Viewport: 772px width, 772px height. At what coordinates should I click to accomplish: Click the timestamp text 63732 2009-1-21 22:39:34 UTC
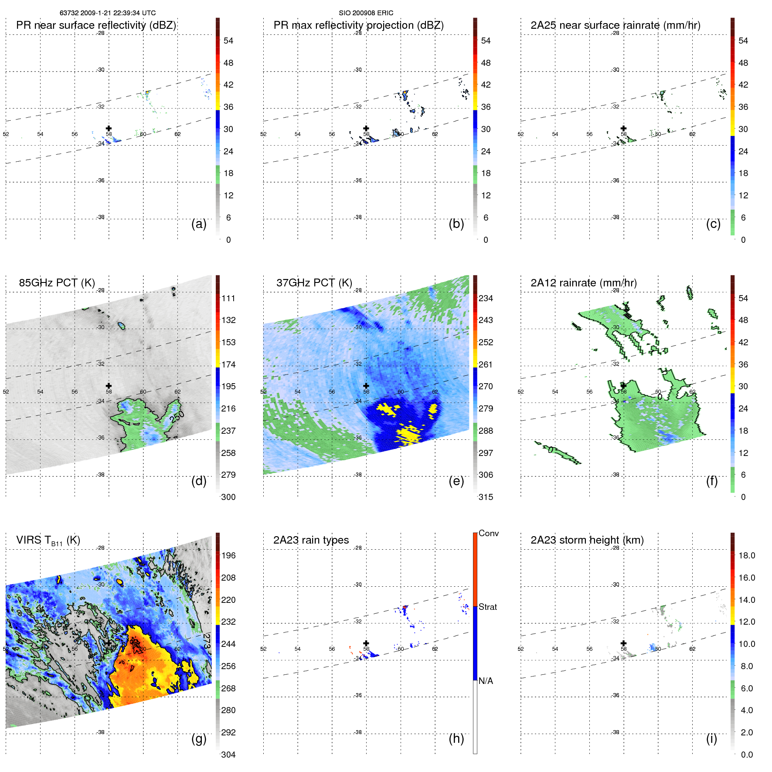click(107, 13)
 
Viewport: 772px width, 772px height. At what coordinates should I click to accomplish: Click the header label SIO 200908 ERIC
click(366, 13)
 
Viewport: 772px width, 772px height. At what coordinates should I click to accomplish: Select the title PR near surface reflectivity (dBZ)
click(96, 25)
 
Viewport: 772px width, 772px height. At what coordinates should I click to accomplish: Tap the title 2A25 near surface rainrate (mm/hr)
click(615, 25)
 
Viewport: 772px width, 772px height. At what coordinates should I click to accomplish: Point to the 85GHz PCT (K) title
click(57, 282)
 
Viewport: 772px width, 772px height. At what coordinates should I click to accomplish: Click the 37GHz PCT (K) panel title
click(314, 282)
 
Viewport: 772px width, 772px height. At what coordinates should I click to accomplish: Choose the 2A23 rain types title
click(311, 540)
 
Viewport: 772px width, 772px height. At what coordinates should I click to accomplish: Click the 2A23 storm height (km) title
click(587, 540)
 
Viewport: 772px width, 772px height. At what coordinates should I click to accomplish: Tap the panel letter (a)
click(199, 224)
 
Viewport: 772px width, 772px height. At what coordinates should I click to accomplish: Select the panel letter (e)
click(456, 481)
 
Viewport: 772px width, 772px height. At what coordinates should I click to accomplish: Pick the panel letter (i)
click(711, 738)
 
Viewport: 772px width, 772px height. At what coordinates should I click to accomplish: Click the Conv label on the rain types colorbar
click(488, 533)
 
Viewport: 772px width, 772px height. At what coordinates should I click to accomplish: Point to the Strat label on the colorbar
click(487, 607)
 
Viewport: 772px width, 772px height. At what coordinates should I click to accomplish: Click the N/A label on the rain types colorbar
click(486, 681)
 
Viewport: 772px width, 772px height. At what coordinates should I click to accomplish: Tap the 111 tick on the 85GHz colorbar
click(228, 298)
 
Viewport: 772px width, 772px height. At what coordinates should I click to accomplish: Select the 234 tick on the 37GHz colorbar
click(486, 298)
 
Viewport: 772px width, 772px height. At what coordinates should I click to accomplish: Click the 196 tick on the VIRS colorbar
click(228, 555)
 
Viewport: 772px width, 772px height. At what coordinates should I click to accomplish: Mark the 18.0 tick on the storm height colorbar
click(746, 555)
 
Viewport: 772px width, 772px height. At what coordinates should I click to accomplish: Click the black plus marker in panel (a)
click(109, 128)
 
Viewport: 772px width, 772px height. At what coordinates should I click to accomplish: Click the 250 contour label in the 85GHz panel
click(177, 417)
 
